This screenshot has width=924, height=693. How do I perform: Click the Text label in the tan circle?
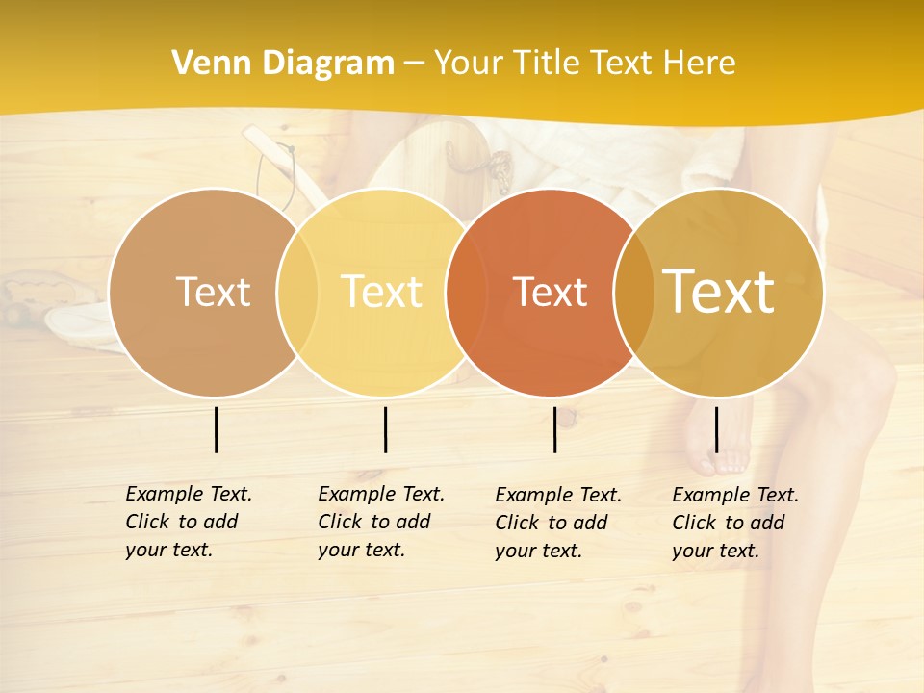[x=213, y=292]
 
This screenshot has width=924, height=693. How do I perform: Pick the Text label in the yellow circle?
[x=382, y=292]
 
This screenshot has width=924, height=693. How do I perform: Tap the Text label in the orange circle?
[x=551, y=292]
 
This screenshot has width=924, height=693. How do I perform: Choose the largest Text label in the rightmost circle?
[x=719, y=292]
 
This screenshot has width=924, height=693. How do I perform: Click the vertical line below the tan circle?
[x=217, y=429]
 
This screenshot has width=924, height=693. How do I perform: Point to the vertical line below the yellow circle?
[x=385, y=429]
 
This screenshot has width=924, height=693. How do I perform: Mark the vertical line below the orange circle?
[x=555, y=429]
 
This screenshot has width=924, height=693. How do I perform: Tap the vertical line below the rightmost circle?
[x=716, y=429]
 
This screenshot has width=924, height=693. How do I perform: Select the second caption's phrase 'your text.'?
[x=361, y=550]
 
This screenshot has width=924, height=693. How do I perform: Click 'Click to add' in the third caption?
[x=552, y=523]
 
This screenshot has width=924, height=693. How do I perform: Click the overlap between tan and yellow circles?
[x=297, y=292]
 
